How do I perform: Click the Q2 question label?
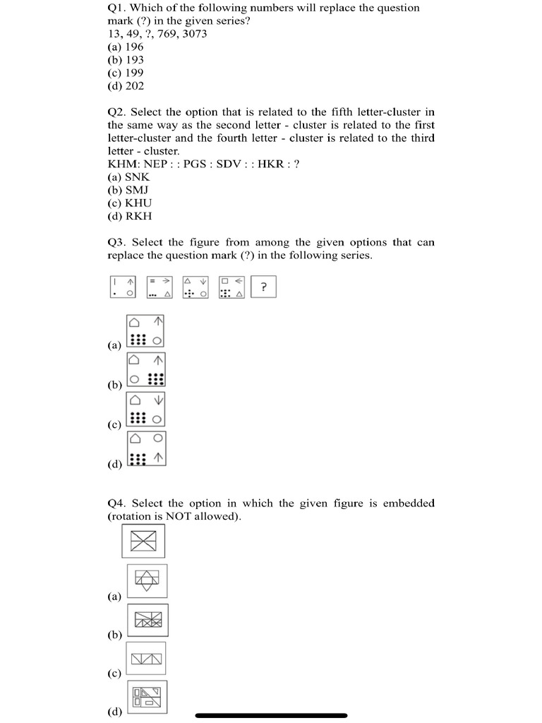pyautogui.click(x=116, y=112)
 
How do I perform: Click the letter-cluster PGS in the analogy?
pyautogui.click(x=195, y=164)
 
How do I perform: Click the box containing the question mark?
pyautogui.click(x=263, y=287)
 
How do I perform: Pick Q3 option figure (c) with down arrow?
pyautogui.click(x=147, y=410)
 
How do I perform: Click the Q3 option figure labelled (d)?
pyautogui.click(x=147, y=450)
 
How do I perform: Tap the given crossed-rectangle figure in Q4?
pyautogui.click(x=144, y=542)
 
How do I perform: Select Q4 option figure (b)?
pyautogui.click(x=147, y=620)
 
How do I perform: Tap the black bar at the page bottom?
pyautogui.click(x=271, y=715)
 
